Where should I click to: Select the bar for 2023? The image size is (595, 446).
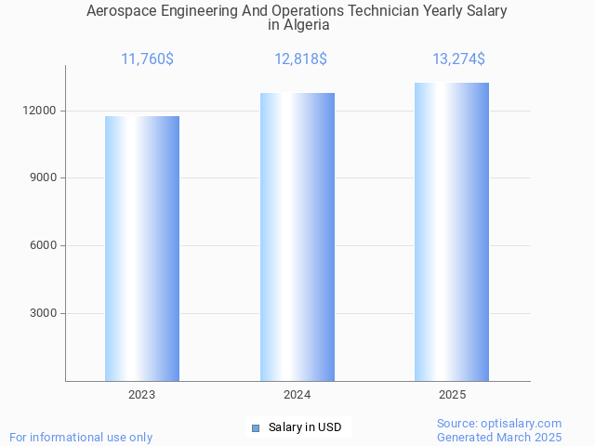point(142,248)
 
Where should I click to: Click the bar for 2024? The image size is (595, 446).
point(297,237)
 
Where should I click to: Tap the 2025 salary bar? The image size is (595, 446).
point(452,231)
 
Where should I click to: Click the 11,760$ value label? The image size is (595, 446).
point(147,59)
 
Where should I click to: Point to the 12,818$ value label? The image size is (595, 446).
point(300,59)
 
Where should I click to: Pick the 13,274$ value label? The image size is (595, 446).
point(458,59)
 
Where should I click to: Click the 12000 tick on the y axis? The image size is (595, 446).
point(41,111)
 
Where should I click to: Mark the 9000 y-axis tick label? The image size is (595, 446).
point(44,178)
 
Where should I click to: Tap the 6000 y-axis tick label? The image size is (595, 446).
point(44,246)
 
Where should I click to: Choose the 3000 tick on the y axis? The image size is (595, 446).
point(44,313)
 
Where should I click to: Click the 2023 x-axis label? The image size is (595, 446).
point(142,395)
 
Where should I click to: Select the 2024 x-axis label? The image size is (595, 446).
point(297,395)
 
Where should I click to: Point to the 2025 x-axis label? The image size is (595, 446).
point(452,395)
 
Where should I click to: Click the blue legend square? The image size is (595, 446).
point(256,428)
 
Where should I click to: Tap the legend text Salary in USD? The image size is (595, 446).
point(305,428)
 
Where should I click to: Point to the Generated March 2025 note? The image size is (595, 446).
point(499,437)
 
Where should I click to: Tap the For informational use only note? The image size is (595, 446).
point(81,437)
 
